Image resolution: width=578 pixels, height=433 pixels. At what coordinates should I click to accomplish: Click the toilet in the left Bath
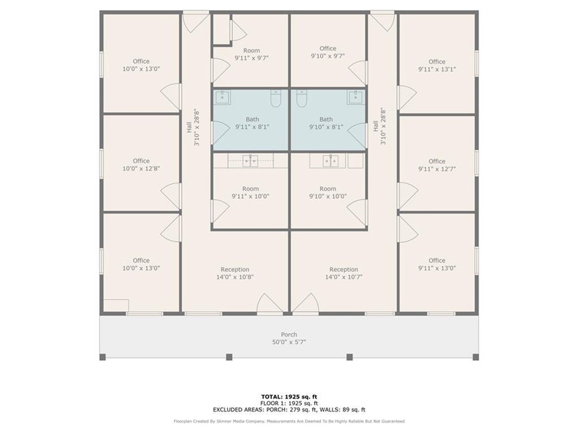[x=275, y=98]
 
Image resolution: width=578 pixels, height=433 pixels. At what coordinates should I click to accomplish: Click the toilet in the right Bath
[x=301, y=98]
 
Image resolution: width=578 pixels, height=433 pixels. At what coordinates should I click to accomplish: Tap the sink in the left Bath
[x=222, y=98]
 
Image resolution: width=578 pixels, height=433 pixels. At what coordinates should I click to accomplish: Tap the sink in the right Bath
[x=356, y=98]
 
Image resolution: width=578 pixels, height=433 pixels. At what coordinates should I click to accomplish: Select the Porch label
[x=289, y=334]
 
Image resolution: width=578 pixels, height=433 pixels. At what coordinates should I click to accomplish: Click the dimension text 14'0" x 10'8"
[x=235, y=277]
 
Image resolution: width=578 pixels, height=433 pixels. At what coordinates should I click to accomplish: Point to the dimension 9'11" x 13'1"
[x=437, y=69]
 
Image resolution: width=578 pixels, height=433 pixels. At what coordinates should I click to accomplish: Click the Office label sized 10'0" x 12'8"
[x=141, y=161]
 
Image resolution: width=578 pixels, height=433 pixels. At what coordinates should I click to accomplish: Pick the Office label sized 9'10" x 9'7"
[x=328, y=48]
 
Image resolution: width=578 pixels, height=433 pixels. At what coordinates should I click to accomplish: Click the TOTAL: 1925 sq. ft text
[x=289, y=396]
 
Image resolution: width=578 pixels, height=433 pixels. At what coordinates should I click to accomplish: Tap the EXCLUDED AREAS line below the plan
[x=289, y=409]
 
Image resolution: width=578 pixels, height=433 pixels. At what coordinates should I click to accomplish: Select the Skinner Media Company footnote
[x=289, y=421]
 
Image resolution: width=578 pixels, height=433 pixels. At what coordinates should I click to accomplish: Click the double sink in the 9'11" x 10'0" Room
[x=250, y=161]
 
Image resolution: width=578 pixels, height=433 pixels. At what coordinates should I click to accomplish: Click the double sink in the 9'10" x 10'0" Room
[x=331, y=161]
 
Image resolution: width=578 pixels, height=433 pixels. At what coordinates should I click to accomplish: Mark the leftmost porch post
[x=103, y=357]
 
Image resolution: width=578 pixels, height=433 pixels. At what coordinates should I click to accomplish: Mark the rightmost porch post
[x=475, y=357]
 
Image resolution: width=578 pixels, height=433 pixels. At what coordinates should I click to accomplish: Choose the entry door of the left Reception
[x=270, y=304]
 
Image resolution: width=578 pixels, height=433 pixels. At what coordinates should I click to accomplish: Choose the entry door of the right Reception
[x=306, y=304]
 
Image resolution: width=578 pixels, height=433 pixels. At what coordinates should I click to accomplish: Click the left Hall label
[x=189, y=127]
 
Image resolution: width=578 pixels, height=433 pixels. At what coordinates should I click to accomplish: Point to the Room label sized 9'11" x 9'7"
[x=251, y=50]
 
